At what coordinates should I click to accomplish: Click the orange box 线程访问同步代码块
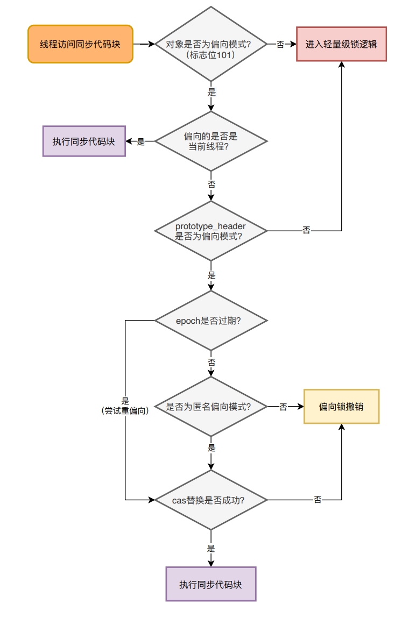coord(80,44)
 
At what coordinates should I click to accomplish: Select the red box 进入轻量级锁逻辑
coord(341,44)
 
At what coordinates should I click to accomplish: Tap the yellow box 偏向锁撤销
coord(341,407)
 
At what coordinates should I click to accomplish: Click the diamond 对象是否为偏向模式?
coord(211,44)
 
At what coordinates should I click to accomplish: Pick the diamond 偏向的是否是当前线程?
coord(211,141)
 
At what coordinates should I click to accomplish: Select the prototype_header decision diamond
coord(211,231)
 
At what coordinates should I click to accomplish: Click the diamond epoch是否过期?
coord(211,321)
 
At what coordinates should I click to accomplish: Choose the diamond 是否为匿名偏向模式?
coord(211,407)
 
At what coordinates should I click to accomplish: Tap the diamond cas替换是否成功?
coord(211,500)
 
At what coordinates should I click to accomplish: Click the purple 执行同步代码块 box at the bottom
coord(210,584)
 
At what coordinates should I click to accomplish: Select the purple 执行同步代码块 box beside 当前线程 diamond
coord(84,141)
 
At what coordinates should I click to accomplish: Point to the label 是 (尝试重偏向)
coord(125,406)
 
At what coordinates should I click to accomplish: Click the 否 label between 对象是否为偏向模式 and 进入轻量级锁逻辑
coord(280,45)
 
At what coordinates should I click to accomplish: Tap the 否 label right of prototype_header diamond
coord(306,231)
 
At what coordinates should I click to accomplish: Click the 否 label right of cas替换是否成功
coord(318,500)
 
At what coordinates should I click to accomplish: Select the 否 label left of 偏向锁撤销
coord(283,407)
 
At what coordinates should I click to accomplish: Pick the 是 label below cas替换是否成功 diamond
coord(211,549)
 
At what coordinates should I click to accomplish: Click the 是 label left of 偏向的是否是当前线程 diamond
coord(141,141)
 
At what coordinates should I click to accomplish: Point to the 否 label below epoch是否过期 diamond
coord(211,363)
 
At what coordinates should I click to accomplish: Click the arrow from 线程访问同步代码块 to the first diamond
coord(144,44)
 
